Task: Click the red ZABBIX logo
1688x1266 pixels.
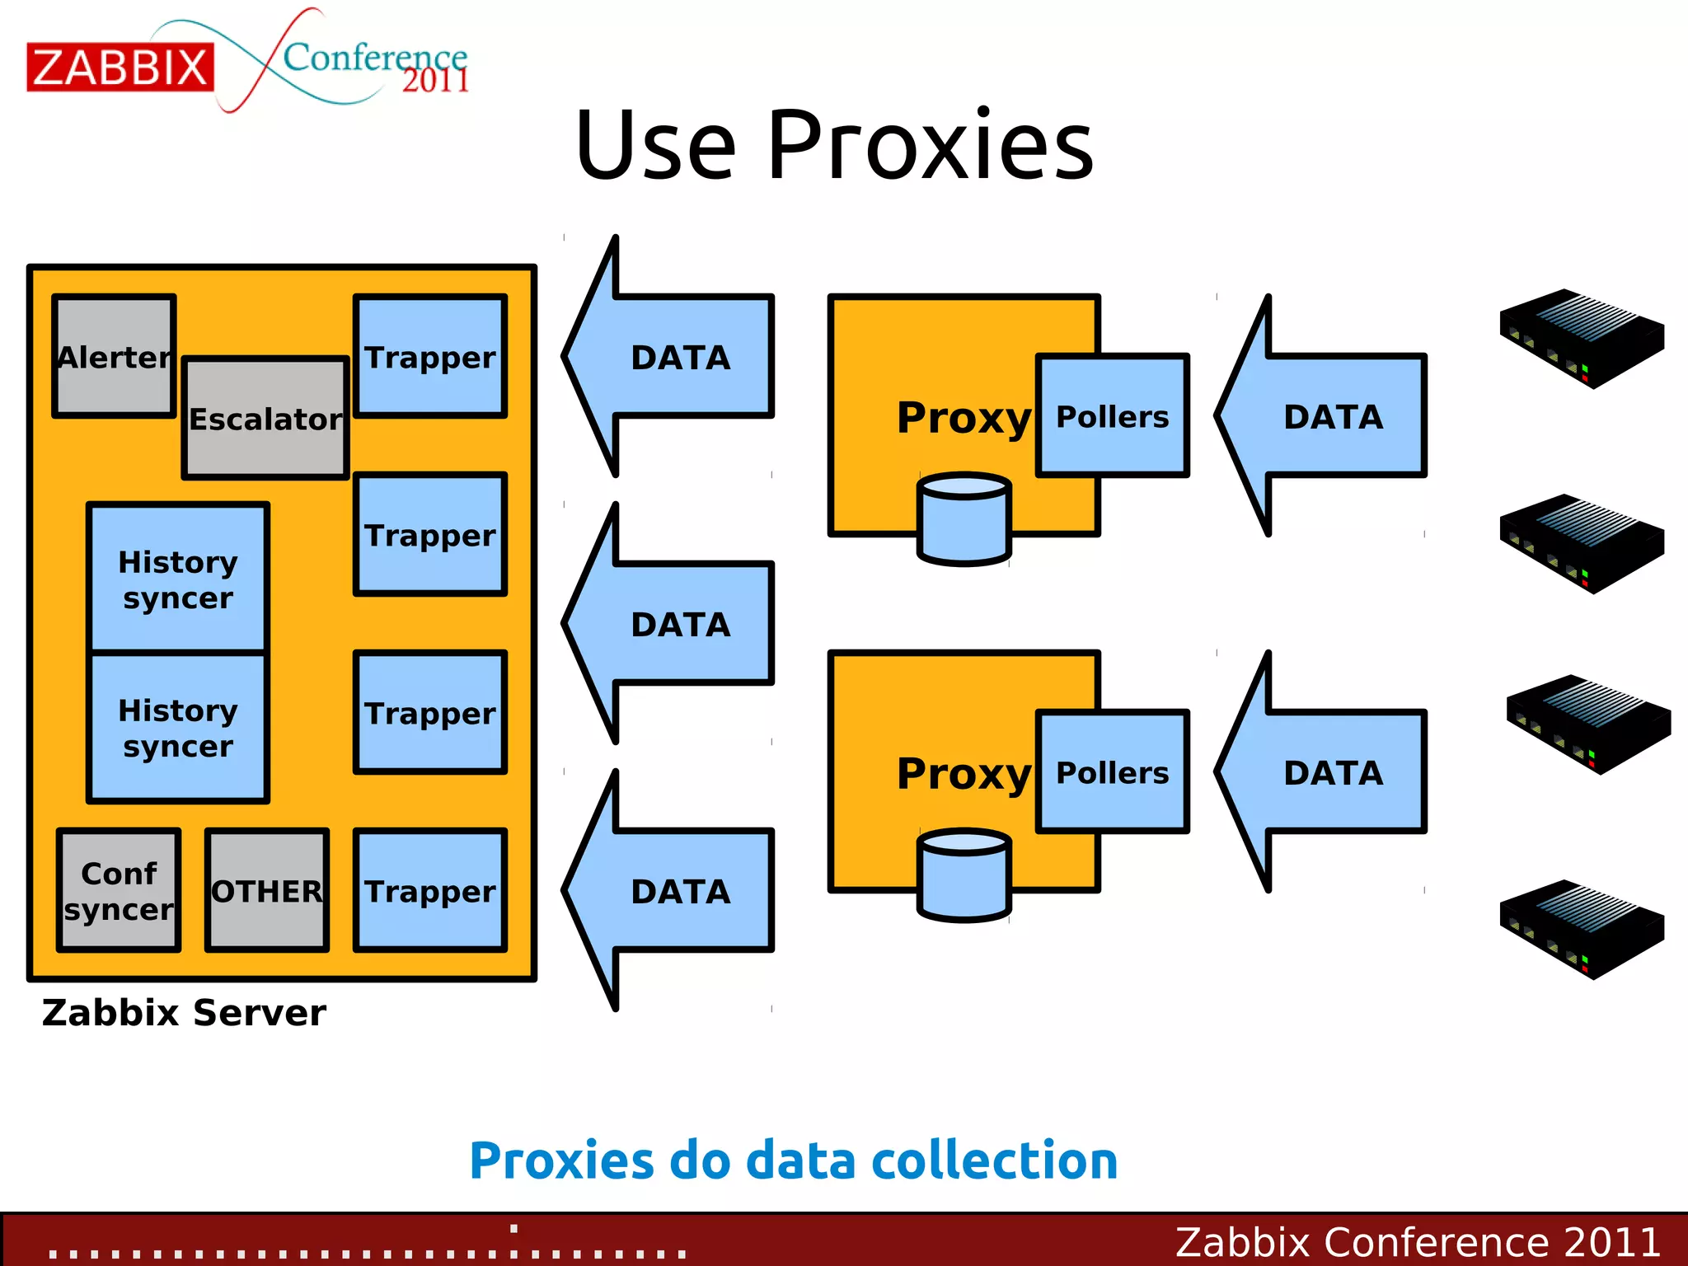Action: pyautogui.click(x=120, y=67)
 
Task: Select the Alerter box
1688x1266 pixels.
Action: pyautogui.click(x=114, y=356)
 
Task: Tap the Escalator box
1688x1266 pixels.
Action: pyautogui.click(x=265, y=419)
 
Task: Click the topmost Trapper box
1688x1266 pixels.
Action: pyautogui.click(x=430, y=356)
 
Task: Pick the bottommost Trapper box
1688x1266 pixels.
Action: pyautogui.click(x=430, y=890)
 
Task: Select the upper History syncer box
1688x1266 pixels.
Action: pyautogui.click(x=178, y=579)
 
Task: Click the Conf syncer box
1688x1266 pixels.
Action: pyautogui.click(x=119, y=890)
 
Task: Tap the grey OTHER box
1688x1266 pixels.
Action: pyautogui.click(x=267, y=890)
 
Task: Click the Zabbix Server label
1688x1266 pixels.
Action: pyautogui.click(x=184, y=1012)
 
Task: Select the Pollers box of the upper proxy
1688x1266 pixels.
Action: pyautogui.click(x=1112, y=416)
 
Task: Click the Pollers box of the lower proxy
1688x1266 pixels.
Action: pyautogui.click(x=1112, y=772)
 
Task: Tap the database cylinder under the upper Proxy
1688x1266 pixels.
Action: pyautogui.click(x=964, y=519)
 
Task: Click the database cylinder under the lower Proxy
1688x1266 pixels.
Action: pyautogui.click(x=964, y=875)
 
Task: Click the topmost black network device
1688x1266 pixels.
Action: pyautogui.click(x=1581, y=337)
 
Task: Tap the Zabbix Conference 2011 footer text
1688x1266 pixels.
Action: pyautogui.click(x=1418, y=1241)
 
